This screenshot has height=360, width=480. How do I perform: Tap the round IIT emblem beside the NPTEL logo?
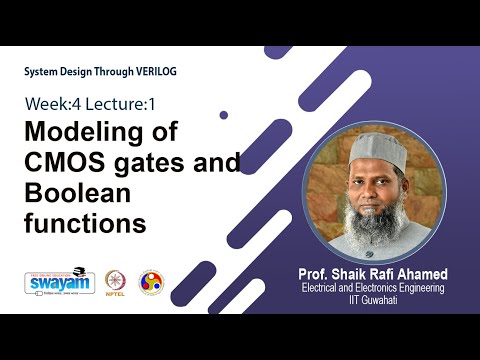point(151,283)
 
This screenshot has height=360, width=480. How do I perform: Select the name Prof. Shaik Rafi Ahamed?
point(371,274)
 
